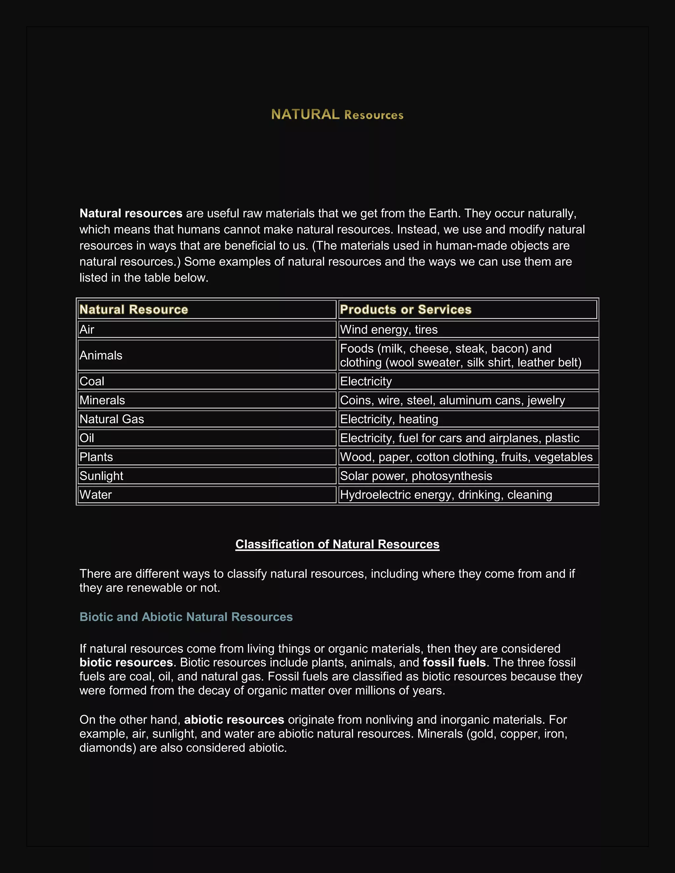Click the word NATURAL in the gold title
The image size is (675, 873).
click(x=305, y=115)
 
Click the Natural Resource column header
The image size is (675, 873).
click(x=133, y=309)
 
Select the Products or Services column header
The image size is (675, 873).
click(x=405, y=309)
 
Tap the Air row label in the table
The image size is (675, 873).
click(x=87, y=330)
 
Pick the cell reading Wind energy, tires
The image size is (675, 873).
click(x=389, y=330)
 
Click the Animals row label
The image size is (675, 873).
click(x=101, y=355)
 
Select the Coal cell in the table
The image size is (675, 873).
click(x=92, y=381)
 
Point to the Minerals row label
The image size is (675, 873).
click(x=102, y=400)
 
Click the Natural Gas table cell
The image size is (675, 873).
click(x=112, y=419)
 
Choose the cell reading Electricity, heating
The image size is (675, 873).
click(x=389, y=419)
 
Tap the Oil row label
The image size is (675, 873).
click(x=87, y=438)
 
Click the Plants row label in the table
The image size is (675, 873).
click(x=96, y=457)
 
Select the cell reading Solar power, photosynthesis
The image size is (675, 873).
click(x=416, y=476)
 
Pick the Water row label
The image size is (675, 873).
click(x=96, y=495)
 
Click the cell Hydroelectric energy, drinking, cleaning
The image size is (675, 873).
click(x=446, y=495)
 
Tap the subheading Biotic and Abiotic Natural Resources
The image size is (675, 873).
click(x=186, y=617)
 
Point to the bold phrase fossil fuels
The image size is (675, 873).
click(x=454, y=662)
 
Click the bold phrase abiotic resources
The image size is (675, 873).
click(x=234, y=719)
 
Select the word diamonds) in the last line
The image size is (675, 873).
click(x=108, y=747)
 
